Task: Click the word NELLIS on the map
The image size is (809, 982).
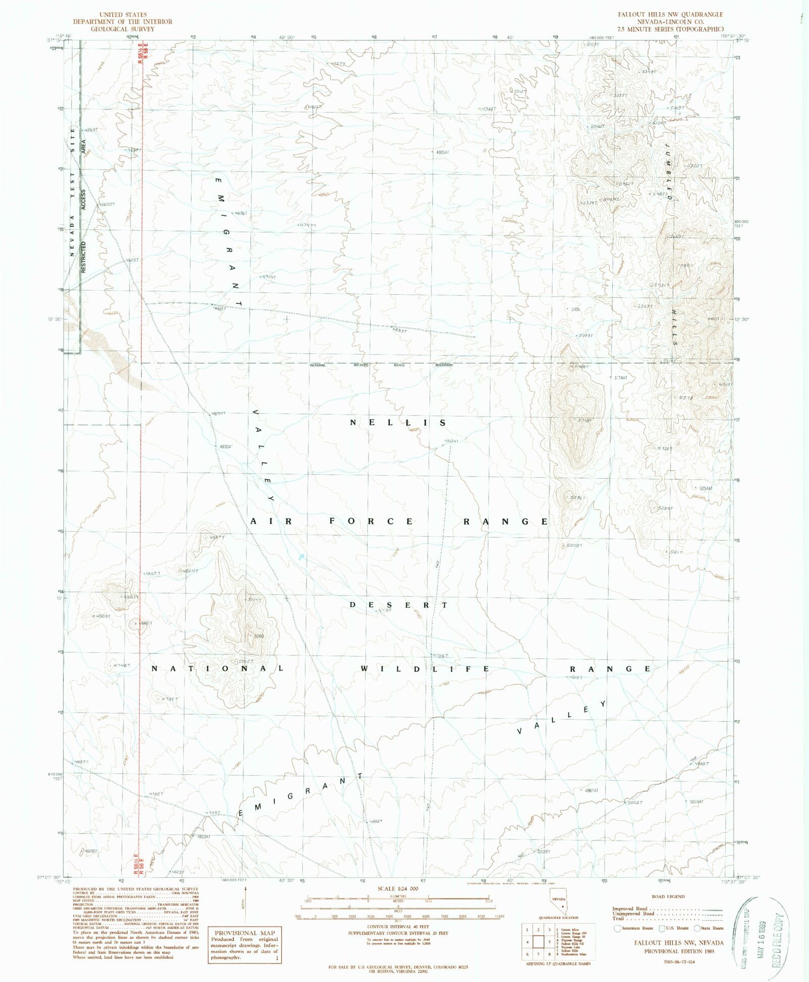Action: [x=398, y=423]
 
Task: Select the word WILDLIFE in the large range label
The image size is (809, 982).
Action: [x=425, y=669]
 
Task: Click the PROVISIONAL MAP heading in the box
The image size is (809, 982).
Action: [x=245, y=933]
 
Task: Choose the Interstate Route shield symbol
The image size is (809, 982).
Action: [x=617, y=928]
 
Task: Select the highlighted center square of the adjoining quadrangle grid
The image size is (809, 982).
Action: [x=538, y=942]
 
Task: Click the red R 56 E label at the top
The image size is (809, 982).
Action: [x=147, y=53]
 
